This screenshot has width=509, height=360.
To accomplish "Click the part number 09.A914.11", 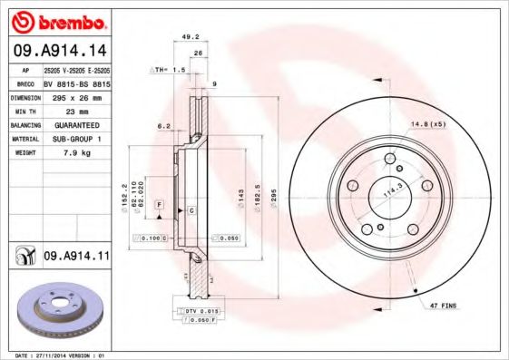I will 76,258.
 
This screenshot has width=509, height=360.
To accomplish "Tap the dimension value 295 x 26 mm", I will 77,96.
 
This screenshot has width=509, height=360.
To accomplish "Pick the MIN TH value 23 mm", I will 77,110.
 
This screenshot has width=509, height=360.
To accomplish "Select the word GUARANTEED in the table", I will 77,124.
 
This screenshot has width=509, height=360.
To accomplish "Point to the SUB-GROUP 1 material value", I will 77,139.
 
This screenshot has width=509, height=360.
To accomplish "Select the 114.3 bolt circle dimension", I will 392,193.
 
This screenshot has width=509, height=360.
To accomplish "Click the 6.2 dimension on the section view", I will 164,126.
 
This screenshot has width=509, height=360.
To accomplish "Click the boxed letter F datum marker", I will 159,207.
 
